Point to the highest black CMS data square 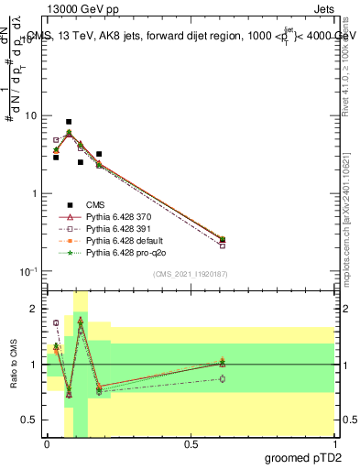[x=69, y=121]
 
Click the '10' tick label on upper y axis [x=30, y=116]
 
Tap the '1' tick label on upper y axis [x=34, y=194]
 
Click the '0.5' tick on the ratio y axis [x=29, y=420]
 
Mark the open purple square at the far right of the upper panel [x=223, y=245]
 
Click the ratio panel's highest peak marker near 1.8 [x=81, y=321]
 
